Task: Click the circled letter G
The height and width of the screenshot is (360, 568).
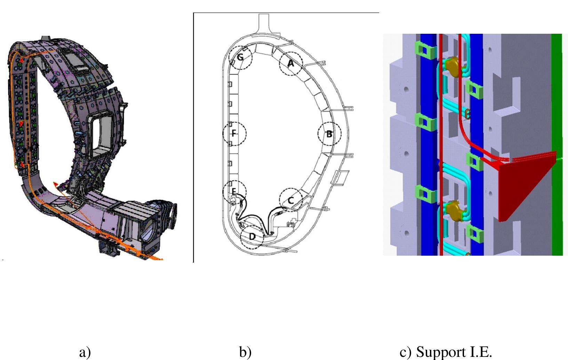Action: click(x=240, y=57)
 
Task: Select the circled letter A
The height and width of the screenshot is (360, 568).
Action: click(x=291, y=64)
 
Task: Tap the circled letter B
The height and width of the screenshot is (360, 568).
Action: click(x=329, y=134)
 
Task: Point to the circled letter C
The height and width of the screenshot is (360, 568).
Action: click(x=291, y=200)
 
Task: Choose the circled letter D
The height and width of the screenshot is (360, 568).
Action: click(x=252, y=237)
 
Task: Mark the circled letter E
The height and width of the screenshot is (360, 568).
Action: click(x=234, y=191)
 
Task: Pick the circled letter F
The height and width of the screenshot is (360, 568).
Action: click(x=234, y=133)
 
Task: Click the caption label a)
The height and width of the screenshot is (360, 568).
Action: click(x=85, y=352)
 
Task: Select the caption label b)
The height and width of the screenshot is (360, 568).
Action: click(x=245, y=352)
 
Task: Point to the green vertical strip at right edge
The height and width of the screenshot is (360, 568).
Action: click(x=557, y=139)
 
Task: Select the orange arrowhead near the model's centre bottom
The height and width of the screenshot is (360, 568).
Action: click(x=56, y=184)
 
